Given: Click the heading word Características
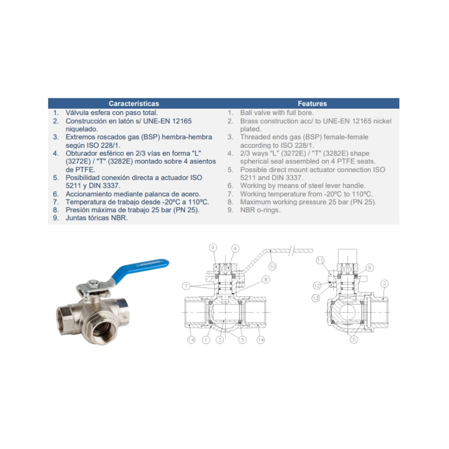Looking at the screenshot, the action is pyautogui.click(x=134, y=103).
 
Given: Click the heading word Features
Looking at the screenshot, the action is pyautogui.click(x=312, y=103).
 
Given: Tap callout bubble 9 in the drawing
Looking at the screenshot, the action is pyautogui.click(x=213, y=247).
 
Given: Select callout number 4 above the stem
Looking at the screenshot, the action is pyautogui.click(x=235, y=248).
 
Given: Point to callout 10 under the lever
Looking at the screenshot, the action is pyautogui.click(x=273, y=267).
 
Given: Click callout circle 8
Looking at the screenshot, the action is pyautogui.click(x=266, y=279).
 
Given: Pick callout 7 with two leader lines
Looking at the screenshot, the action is pyautogui.click(x=186, y=286).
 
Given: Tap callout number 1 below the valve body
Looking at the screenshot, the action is pyautogui.click(x=206, y=340).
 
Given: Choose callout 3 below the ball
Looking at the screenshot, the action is pyautogui.click(x=220, y=340).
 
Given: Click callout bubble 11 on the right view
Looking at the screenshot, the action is pyautogui.click(x=320, y=260).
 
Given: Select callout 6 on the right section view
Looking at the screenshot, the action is pyautogui.click(x=370, y=268).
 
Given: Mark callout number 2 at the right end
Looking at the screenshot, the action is pyautogui.click(x=385, y=283).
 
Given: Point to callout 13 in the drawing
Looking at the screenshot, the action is pyautogui.click(x=316, y=299).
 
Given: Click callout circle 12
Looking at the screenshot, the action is pyautogui.click(x=317, y=286).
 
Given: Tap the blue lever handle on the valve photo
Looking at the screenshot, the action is pyautogui.click(x=140, y=271).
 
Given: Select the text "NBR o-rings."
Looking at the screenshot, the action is pyautogui.click(x=260, y=210).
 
